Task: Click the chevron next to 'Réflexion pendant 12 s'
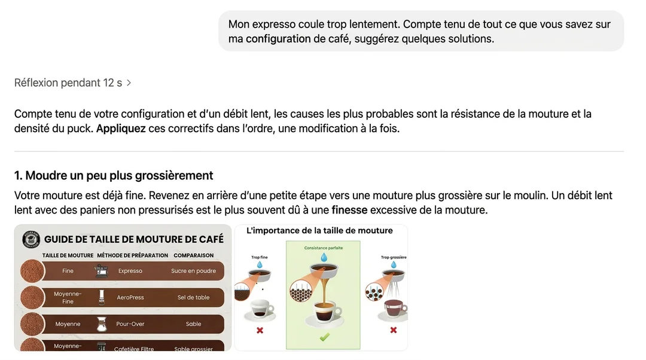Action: point(129,83)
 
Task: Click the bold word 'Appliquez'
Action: point(121,129)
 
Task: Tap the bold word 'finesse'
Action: point(349,210)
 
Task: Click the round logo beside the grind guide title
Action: point(31,239)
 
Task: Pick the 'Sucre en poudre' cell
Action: point(193,271)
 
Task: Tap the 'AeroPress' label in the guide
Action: point(130,297)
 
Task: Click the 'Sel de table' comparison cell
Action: point(193,297)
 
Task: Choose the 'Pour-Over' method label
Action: point(130,324)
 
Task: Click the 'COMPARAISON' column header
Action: point(193,255)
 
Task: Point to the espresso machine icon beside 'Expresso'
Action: point(100,271)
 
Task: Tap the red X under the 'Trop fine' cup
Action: point(260,330)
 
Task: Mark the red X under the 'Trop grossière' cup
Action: point(393,330)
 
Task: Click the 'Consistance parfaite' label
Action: point(323,248)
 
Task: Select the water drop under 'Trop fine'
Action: point(260,264)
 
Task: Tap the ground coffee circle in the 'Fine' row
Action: point(32,271)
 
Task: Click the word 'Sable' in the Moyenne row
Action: point(193,324)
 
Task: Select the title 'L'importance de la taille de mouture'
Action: point(319,230)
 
